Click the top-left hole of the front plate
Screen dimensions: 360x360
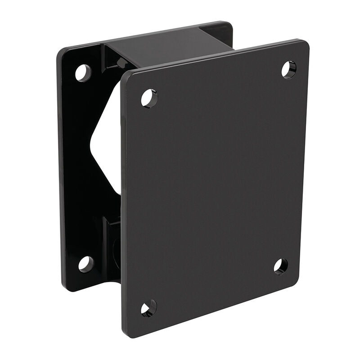(149, 98)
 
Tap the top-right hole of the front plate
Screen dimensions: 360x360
(288, 69)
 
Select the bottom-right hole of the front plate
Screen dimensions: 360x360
(280, 266)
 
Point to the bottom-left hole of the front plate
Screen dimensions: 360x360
(148, 308)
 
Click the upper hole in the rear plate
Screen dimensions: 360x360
(83, 72)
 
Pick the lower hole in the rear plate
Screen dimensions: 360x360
(85, 264)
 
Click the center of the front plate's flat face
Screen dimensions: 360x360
(216, 189)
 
